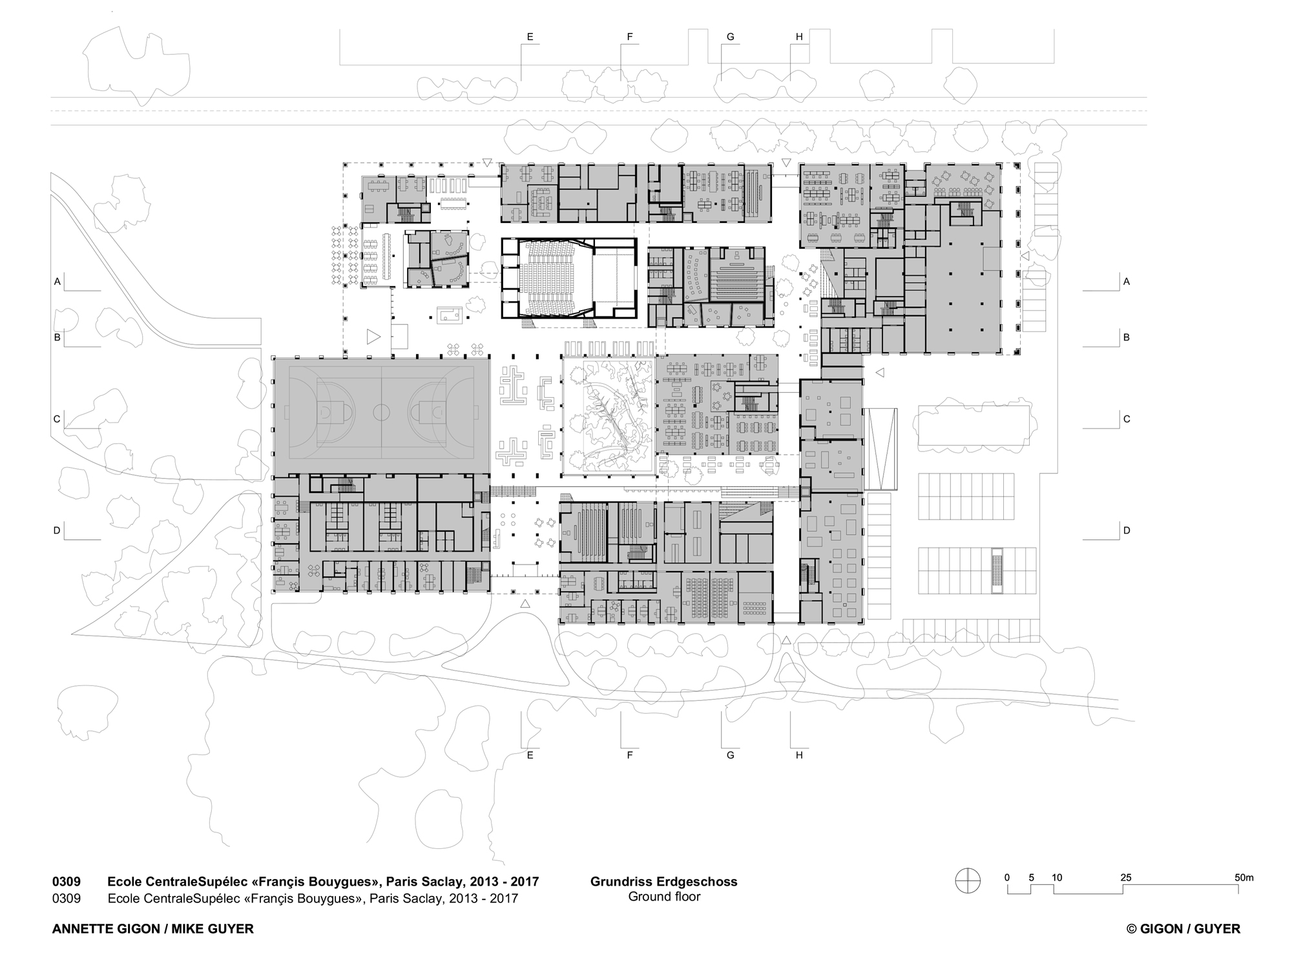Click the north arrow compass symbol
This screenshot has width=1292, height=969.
(x=968, y=881)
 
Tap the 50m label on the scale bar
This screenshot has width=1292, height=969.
(x=1244, y=877)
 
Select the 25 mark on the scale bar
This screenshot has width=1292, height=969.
(x=1127, y=877)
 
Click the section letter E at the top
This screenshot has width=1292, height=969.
(x=530, y=37)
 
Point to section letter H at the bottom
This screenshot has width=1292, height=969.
(x=799, y=755)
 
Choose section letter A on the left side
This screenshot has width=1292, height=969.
(x=57, y=282)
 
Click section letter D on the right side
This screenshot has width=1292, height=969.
(x=1127, y=530)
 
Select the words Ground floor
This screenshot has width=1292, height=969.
(x=664, y=897)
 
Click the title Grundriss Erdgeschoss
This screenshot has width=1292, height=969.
(x=664, y=882)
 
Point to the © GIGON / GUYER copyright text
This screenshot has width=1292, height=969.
(x=1183, y=929)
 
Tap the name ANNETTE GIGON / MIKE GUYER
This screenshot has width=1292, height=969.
(x=153, y=929)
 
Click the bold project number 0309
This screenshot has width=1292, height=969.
(x=67, y=882)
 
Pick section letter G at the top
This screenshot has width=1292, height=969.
(x=731, y=37)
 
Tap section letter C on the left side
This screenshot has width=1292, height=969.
(x=57, y=419)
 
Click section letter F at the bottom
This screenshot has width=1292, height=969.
(x=630, y=755)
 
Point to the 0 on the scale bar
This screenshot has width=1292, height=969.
(x=1007, y=877)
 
